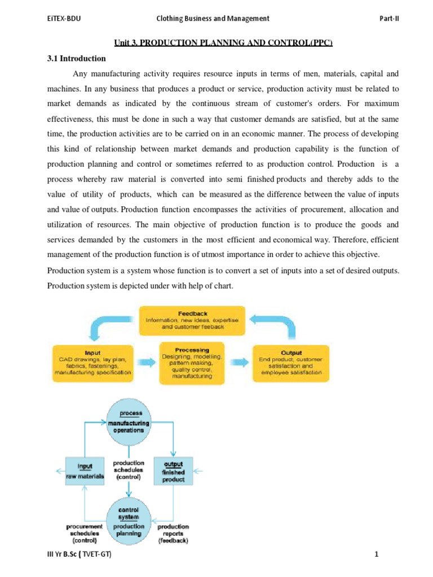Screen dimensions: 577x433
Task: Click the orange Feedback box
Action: (192, 320)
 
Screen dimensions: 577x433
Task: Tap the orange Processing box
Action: (192, 362)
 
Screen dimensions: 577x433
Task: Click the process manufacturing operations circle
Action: (129, 422)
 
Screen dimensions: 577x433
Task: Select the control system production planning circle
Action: (129, 518)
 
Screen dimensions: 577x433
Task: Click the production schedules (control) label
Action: (129, 470)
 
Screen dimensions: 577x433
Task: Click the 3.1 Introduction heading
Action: (77, 58)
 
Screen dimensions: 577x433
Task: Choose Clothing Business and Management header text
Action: (213, 19)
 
